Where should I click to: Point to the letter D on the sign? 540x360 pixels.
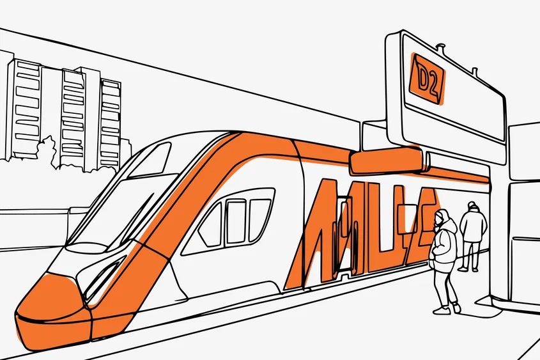pos(422,77)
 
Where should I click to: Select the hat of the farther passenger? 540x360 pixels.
pos(472,205)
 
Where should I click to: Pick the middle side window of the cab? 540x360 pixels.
pos(235,221)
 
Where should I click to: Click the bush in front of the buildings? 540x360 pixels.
pos(48,153)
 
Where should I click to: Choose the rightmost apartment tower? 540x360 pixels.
pos(110,121)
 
